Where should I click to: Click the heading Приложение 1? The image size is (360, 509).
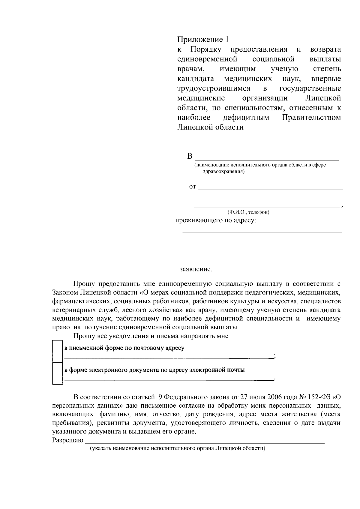tap(203, 40)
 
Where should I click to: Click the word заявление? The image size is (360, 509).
tap(196, 269)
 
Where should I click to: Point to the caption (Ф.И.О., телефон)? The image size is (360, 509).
tap(248, 212)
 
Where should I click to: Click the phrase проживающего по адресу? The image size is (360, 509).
tap(216, 221)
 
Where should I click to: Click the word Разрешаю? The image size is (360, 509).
tap(68, 440)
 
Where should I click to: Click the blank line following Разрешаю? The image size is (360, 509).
tap(205, 441)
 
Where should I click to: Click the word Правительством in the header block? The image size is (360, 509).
tap(311, 117)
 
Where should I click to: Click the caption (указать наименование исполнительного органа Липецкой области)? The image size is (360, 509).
tap(178, 448)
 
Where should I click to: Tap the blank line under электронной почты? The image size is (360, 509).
tap(169, 379)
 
